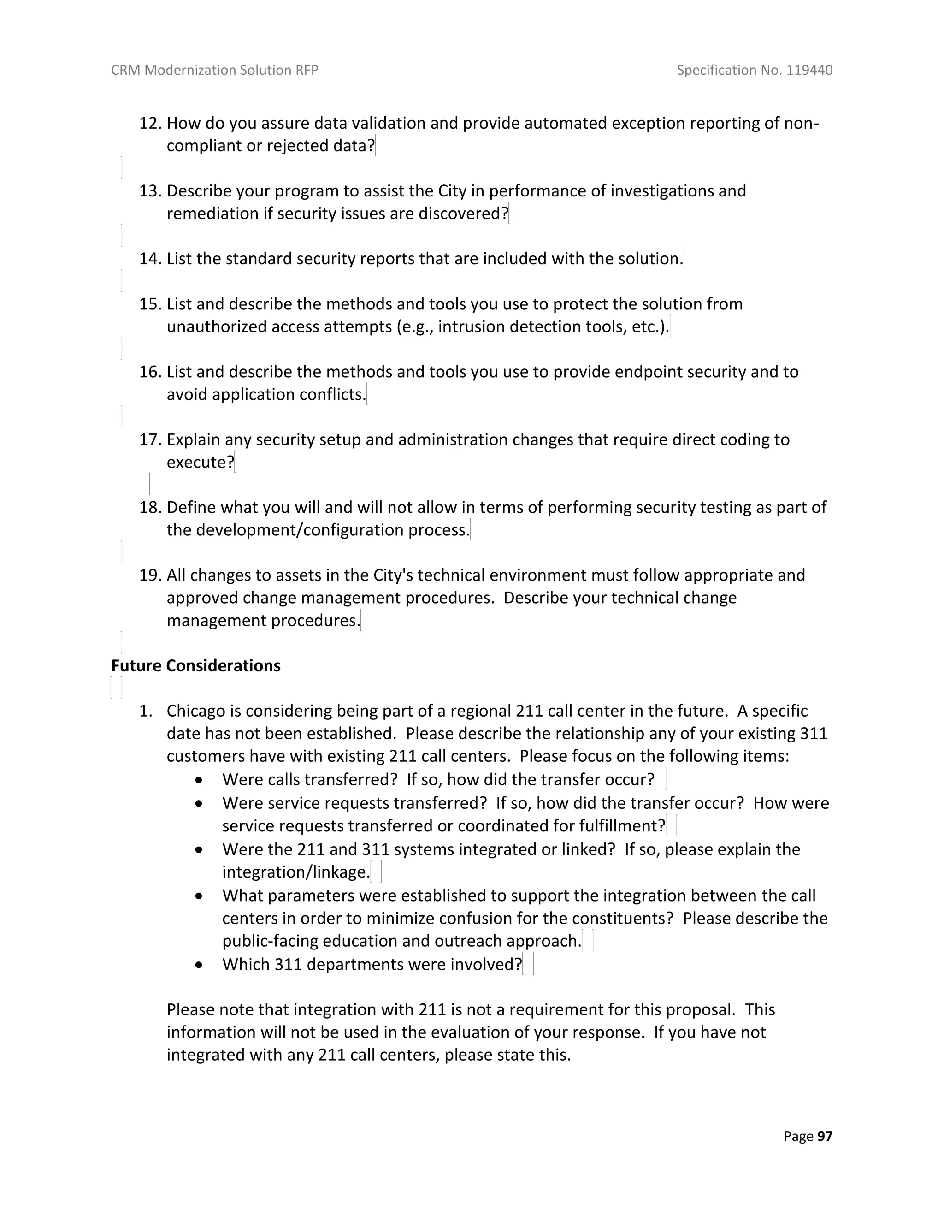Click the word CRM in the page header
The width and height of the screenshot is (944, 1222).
pos(126,70)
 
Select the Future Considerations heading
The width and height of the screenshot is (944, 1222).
pos(196,665)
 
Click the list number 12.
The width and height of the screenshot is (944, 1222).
pos(150,123)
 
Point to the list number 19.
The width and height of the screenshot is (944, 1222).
pos(150,575)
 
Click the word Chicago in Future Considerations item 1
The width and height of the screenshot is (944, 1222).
pos(196,711)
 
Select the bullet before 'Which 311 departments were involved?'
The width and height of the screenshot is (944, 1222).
pos(199,965)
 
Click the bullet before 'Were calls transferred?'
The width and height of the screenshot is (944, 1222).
pos(199,780)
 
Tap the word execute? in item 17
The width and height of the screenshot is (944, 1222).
pos(200,462)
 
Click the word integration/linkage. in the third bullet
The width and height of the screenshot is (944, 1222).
pos(296,872)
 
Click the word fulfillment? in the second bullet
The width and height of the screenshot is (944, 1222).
pos(622,826)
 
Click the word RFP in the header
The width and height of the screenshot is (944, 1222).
pos(307,70)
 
